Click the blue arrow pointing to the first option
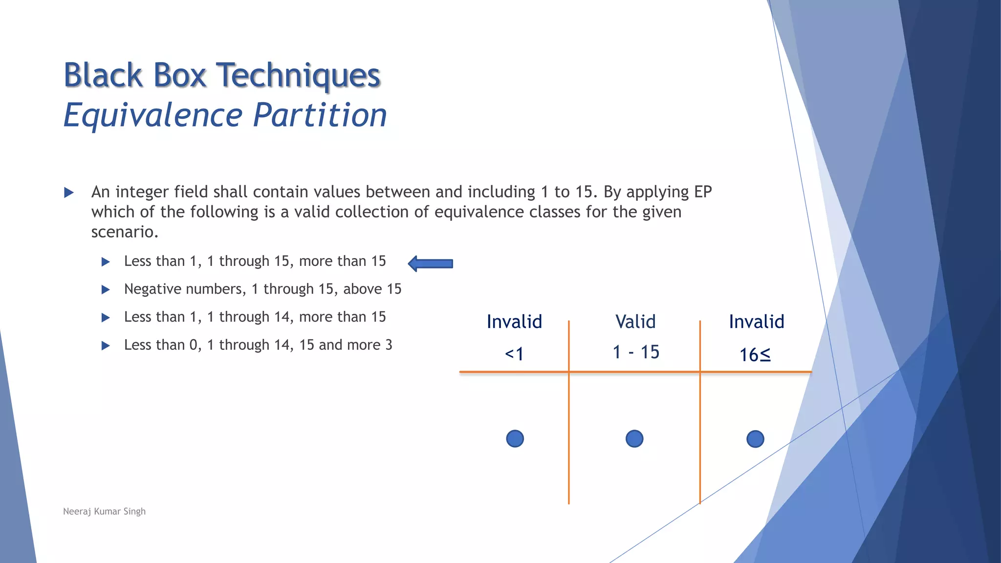pos(431,264)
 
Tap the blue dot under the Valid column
pos(634,439)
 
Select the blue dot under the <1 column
pos(515,439)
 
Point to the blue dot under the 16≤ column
pos(755,439)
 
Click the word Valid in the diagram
pos(635,322)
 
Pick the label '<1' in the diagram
pos(514,354)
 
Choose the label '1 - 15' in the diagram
pos(636,352)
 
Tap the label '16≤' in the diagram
pos(755,355)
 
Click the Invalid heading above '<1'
pos(514,322)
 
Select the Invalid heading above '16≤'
pos(756,322)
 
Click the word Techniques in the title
pos(298,76)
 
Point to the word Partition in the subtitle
pos(320,115)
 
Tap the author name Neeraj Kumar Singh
pos(104,511)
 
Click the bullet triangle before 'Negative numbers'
pos(106,290)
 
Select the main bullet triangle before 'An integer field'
pos(69,193)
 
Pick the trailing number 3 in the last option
pos(389,345)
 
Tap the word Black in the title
pos(103,76)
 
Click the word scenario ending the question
pos(124,232)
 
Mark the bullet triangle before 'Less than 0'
pos(106,346)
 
